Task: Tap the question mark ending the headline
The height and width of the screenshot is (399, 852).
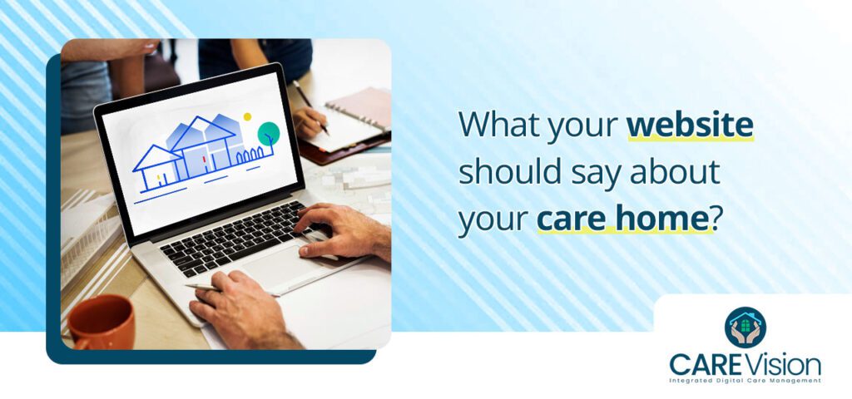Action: (708, 220)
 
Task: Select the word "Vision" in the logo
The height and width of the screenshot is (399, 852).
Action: (785, 363)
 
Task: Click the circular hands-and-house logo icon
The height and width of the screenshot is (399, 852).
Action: (745, 327)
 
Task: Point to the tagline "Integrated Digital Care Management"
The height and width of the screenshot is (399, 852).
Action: (745, 381)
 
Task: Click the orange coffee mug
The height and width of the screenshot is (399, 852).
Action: (101, 322)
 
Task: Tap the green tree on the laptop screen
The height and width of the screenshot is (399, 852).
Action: (268, 133)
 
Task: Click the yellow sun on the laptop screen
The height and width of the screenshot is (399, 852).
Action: (247, 117)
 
